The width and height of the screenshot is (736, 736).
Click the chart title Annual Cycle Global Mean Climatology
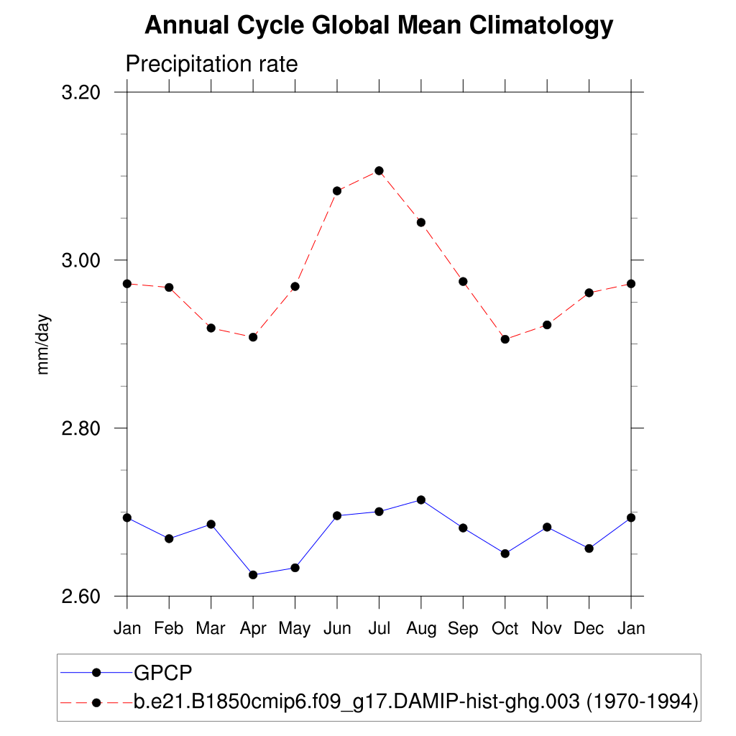[379, 27]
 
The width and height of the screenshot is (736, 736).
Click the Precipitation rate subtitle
[211, 64]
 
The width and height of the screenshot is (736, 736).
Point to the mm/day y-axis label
[44, 344]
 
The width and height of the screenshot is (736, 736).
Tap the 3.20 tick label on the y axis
[80, 93]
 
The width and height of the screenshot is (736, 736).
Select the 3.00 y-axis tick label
[80, 260]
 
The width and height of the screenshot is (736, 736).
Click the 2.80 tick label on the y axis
[80, 428]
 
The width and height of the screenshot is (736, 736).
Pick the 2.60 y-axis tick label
[80, 597]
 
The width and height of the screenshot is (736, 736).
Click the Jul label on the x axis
[379, 628]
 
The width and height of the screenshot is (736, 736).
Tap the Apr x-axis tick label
[253, 628]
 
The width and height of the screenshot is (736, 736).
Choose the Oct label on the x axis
[505, 628]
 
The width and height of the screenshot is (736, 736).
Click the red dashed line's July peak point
[379, 170]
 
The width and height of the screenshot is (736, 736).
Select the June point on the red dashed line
[337, 190]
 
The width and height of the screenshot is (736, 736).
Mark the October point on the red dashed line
[505, 339]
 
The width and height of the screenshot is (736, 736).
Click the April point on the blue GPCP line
[253, 575]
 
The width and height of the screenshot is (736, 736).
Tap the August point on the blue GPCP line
[421, 500]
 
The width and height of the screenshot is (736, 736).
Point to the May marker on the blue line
[295, 568]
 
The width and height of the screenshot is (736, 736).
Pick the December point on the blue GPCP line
[589, 548]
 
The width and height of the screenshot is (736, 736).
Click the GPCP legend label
[163, 673]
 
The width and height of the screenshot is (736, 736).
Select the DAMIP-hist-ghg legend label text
[416, 701]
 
